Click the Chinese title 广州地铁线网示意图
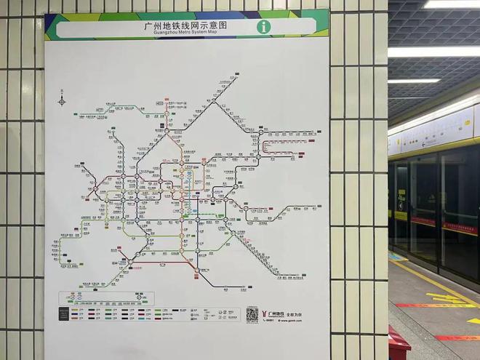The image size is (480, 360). (185, 25)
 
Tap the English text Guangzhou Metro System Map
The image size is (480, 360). (185, 33)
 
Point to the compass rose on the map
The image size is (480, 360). (62, 101)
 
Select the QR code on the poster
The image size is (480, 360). (252, 314)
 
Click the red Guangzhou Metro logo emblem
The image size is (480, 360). (265, 314)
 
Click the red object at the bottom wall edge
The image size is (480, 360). (397, 343)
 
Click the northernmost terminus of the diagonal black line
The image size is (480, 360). (234, 74)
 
